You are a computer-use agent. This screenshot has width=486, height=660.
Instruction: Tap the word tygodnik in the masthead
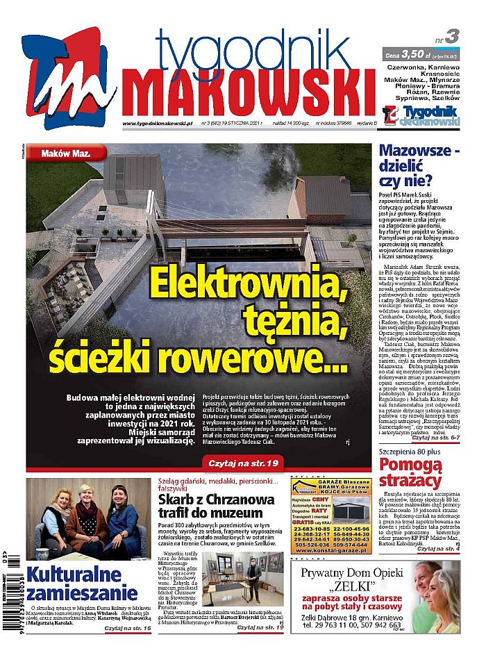click(x=253, y=49)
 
